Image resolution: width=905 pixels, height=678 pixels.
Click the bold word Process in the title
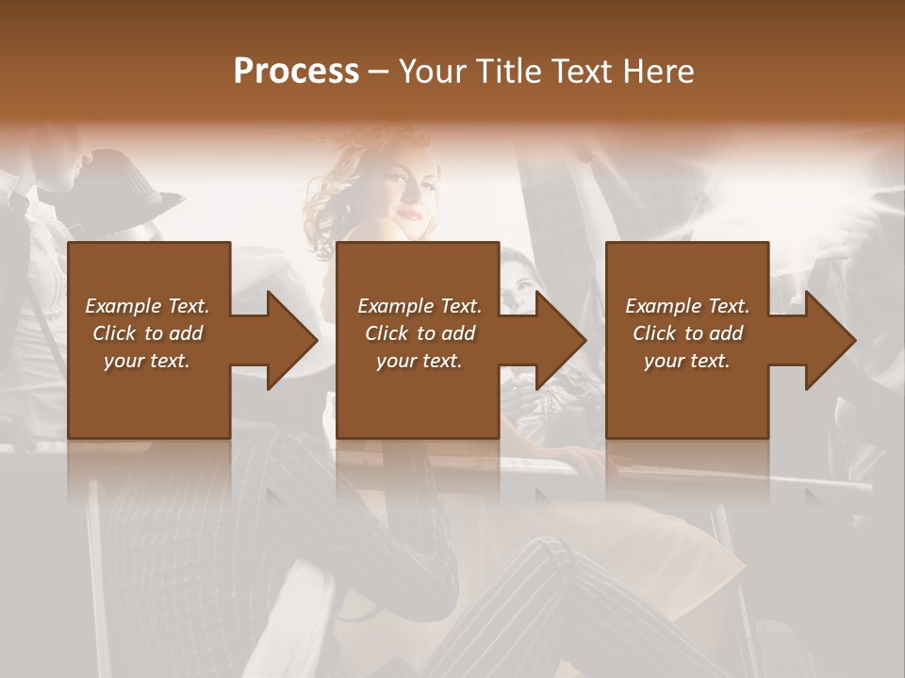[x=296, y=72]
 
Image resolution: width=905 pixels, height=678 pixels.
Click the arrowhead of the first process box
[x=292, y=340]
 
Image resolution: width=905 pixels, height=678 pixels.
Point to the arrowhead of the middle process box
[x=561, y=340]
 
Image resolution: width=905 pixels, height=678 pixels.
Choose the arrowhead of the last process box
[x=831, y=340]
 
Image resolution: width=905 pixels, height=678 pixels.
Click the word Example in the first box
[x=123, y=306]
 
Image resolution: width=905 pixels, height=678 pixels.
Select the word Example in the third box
[x=663, y=306]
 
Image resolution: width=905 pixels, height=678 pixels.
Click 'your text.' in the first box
[x=147, y=361]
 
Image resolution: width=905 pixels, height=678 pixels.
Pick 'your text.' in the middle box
[x=420, y=361]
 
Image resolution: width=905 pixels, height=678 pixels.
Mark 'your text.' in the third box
[x=687, y=361]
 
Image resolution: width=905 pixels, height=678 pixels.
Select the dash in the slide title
[x=379, y=72]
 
